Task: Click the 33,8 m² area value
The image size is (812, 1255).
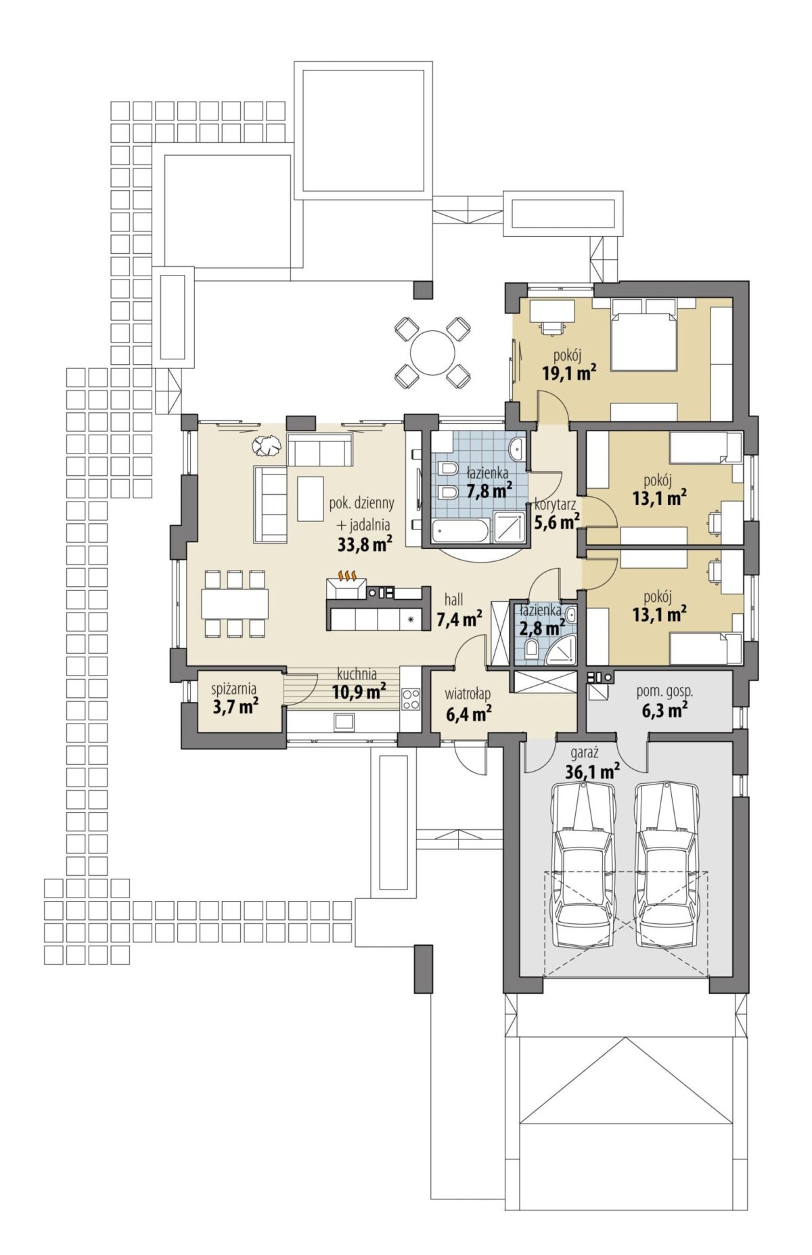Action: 365,544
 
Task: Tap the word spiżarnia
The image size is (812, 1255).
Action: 234,689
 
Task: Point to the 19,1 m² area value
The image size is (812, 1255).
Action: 569,372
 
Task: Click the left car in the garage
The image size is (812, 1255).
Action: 583,864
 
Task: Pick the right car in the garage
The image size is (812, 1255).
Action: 667,864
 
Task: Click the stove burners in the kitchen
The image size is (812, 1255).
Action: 410,699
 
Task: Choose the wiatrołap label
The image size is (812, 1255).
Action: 468,695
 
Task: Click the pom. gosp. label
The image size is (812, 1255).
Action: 665,692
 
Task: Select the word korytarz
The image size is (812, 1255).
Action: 555,504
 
